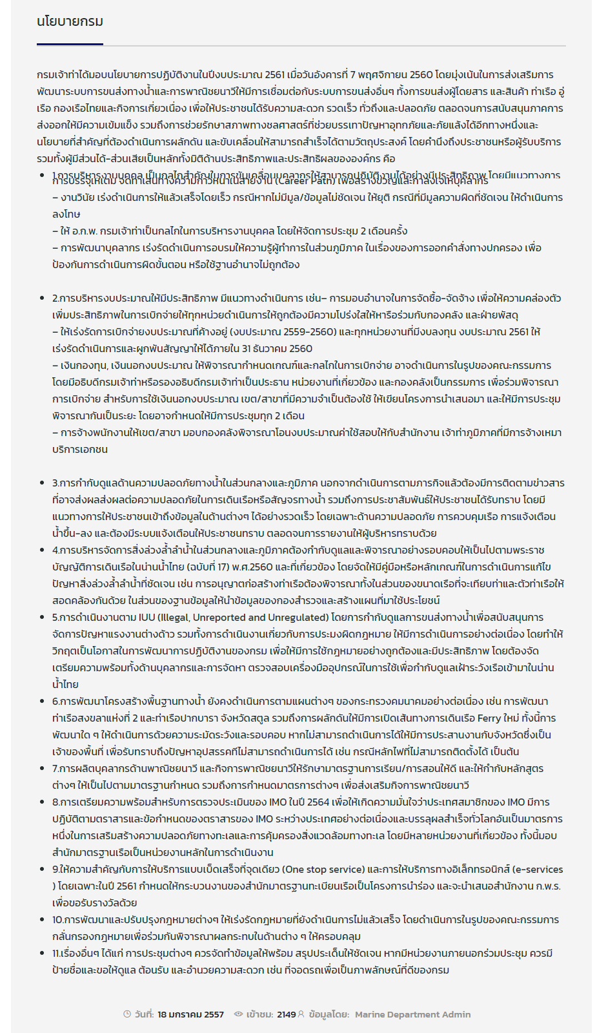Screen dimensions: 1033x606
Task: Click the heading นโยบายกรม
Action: [70, 21]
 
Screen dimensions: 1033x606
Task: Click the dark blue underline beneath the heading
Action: [70, 44]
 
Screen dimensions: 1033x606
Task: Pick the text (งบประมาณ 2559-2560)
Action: [285, 332]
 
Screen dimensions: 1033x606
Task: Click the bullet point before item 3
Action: [43, 483]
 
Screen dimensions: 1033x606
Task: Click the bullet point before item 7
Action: [43, 769]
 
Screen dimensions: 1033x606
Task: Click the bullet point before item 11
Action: [43, 954]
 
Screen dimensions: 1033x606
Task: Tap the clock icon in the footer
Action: [127, 1014]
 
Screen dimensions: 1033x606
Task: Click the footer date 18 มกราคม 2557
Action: [190, 1014]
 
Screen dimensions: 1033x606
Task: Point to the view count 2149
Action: [286, 1014]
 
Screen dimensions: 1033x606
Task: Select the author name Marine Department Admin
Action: [412, 1014]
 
